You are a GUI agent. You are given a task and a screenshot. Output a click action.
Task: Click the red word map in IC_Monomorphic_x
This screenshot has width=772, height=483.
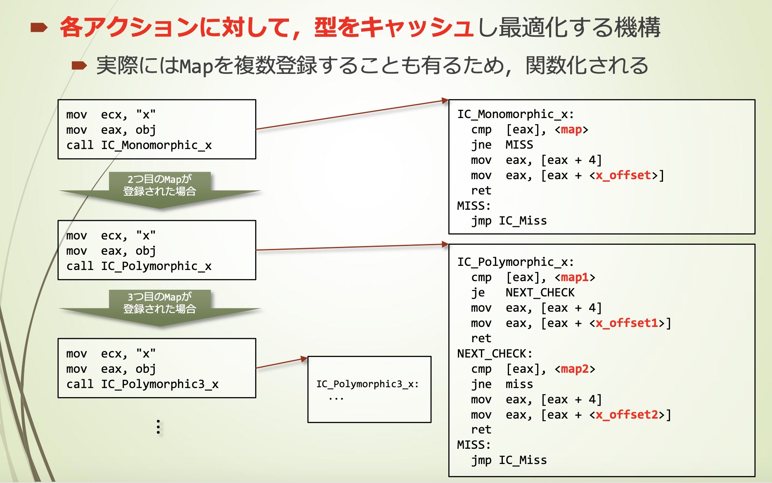571,130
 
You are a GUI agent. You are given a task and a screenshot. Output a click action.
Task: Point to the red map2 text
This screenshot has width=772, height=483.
575,369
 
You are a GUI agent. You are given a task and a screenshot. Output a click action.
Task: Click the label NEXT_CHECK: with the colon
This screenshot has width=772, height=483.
495,353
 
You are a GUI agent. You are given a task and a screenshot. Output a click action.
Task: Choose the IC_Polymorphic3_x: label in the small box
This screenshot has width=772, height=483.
367,384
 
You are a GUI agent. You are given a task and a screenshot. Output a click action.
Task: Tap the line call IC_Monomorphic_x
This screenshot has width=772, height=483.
139,145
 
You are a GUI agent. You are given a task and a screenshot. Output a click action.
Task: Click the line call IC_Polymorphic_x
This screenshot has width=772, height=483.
139,266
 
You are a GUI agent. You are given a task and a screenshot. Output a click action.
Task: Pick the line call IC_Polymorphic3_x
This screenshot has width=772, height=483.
142,384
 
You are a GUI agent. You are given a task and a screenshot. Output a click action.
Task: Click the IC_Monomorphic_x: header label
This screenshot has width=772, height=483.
515,114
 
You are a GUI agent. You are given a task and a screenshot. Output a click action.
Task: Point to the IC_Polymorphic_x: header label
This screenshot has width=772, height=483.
515,262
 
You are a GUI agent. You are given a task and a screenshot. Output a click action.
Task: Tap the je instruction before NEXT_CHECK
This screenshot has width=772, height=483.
478,293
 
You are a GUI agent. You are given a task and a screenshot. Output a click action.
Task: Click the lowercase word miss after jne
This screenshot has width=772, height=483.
519,384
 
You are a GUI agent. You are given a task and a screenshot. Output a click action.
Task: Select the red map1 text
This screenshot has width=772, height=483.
575,277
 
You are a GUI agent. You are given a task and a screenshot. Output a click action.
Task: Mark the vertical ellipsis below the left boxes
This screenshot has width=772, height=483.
158,426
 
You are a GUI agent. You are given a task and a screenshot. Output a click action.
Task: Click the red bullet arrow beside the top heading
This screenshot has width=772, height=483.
39,28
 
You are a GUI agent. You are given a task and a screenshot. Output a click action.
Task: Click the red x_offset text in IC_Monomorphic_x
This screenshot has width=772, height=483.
623,175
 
